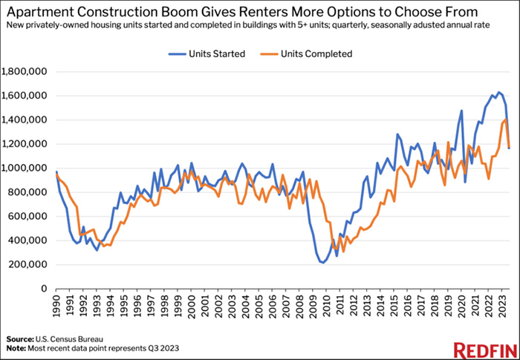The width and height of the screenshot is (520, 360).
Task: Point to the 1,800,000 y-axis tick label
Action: click(26, 72)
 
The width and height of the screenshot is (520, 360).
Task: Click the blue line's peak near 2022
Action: click(498, 92)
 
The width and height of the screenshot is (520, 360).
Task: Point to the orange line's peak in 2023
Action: click(506, 120)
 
